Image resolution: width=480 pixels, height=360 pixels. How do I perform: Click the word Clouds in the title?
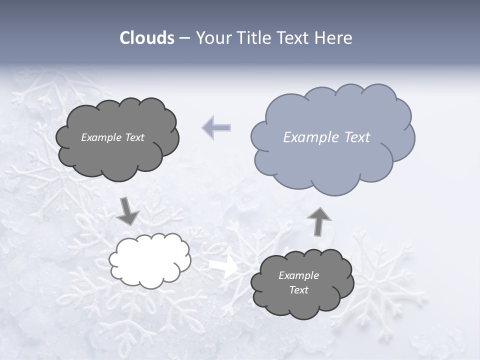[146, 38]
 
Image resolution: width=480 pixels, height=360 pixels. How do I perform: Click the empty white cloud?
[150, 260]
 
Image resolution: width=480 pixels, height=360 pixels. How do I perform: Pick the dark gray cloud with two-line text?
[302, 300]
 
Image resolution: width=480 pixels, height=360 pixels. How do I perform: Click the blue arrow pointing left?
[216, 127]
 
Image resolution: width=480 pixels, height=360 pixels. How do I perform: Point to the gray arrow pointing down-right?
[127, 211]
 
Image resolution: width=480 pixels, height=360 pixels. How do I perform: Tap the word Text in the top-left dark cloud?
[134, 137]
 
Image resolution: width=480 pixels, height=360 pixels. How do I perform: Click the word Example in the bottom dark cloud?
[298, 275]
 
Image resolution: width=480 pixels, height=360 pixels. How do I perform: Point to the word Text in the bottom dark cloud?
[298, 290]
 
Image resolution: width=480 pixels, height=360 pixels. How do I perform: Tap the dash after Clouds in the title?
[184, 38]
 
